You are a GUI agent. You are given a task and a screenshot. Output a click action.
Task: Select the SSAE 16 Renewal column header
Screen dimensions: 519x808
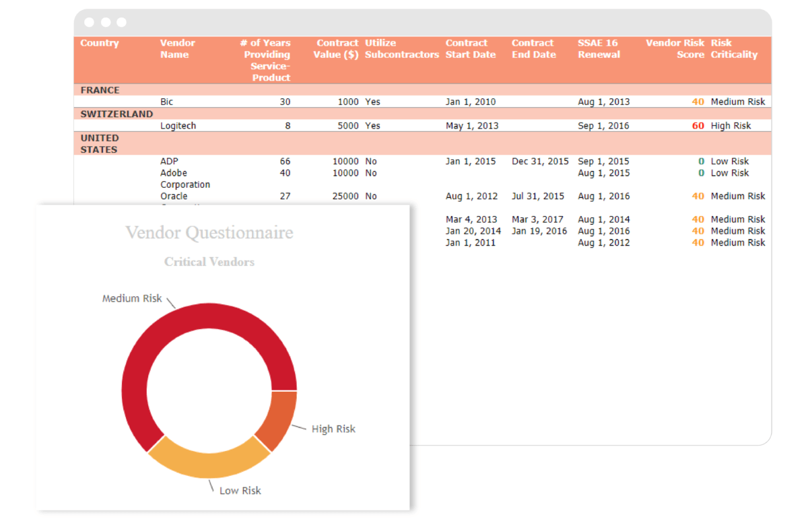tap(599, 48)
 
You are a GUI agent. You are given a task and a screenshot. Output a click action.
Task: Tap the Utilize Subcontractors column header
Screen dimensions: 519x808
tap(401, 48)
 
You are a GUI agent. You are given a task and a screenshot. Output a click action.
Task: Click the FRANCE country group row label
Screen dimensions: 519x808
tap(100, 90)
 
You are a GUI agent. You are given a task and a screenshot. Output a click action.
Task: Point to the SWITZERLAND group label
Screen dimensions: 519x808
tap(116, 114)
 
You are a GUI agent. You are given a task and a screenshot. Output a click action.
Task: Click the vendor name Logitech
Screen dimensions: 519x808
tap(178, 126)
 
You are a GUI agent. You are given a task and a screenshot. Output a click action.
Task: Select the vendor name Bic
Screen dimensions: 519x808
tap(166, 102)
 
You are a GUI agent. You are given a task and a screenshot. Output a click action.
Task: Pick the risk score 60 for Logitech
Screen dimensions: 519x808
tap(698, 126)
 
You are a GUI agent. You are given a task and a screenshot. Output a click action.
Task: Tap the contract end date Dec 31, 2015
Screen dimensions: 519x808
tap(540, 162)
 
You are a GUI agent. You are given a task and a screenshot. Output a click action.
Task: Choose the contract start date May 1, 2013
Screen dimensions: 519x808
tap(472, 126)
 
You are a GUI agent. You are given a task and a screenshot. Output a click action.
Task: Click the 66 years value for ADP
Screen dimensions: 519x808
tap(285, 162)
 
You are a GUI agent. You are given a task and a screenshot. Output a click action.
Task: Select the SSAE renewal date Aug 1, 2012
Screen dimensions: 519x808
tap(603, 243)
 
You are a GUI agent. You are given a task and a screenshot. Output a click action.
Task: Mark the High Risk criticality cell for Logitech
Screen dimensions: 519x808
tap(731, 126)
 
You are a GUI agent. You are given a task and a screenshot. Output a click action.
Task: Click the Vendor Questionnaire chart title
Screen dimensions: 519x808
tap(209, 233)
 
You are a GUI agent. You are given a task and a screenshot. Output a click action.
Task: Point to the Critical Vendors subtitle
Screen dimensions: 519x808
tap(209, 262)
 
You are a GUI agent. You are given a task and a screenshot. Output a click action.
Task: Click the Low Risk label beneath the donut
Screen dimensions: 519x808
tap(240, 491)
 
